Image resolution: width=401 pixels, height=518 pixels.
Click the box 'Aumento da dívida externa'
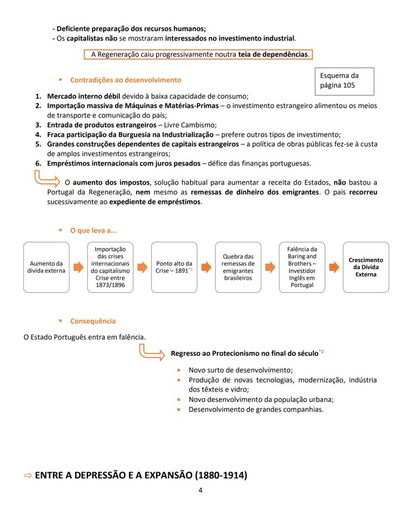(x=46, y=267)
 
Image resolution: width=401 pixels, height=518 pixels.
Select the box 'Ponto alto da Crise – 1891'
(x=174, y=267)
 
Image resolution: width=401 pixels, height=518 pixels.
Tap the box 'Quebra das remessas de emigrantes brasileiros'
(x=238, y=267)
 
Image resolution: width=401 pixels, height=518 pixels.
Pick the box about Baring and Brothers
(x=302, y=267)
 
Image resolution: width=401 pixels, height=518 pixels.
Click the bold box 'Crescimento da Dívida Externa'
(x=366, y=267)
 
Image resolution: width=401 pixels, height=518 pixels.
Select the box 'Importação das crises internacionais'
(x=110, y=267)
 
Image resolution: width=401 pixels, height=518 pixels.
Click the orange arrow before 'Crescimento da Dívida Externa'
(x=334, y=267)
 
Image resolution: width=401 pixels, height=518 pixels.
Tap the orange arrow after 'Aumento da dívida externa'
(x=78, y=267)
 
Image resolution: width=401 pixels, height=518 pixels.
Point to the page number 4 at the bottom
(x=200, y=490)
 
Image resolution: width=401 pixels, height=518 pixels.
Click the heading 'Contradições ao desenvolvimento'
(x=125, y=80)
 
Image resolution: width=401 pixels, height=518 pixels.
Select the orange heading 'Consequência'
(x=93, y=321)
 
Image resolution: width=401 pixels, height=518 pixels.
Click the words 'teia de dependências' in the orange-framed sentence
(x=273, y=55)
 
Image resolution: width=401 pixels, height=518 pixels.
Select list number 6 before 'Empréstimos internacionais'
(x=38, y=163)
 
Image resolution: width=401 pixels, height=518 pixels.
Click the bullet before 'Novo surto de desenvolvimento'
(x=179, y=370)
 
